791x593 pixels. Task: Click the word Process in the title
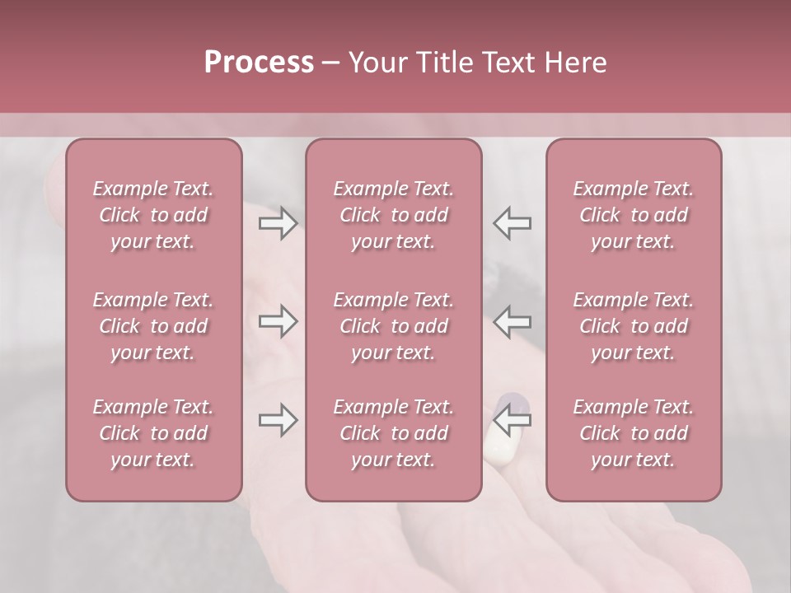click(x=259, y=63)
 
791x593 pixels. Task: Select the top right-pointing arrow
click(x=278, y=223)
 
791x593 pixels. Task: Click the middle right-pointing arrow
click(x=278, y=321)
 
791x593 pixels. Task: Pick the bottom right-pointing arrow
click(x=278, y=420)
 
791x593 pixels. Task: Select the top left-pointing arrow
click(x=513, y=223)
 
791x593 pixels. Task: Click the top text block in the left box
click(x=153, y=215)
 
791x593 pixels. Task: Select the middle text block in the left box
click(x=153, y=326)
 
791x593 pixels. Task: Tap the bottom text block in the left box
click(x=153, y=433)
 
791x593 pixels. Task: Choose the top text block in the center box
click(x=394, y=215)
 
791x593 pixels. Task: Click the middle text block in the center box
click(x=394, y=326)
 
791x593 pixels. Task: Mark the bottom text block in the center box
click(x=394, y=433)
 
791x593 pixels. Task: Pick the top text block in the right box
click(x=634, y=215)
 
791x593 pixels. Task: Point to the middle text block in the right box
click(x=634, y=326)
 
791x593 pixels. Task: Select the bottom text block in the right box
click(x=634, y=433)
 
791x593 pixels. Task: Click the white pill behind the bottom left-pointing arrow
click(x=500, y=446)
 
